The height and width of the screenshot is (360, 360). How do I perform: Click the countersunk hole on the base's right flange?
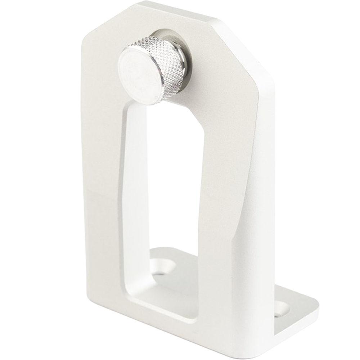[x=284, y=310]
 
